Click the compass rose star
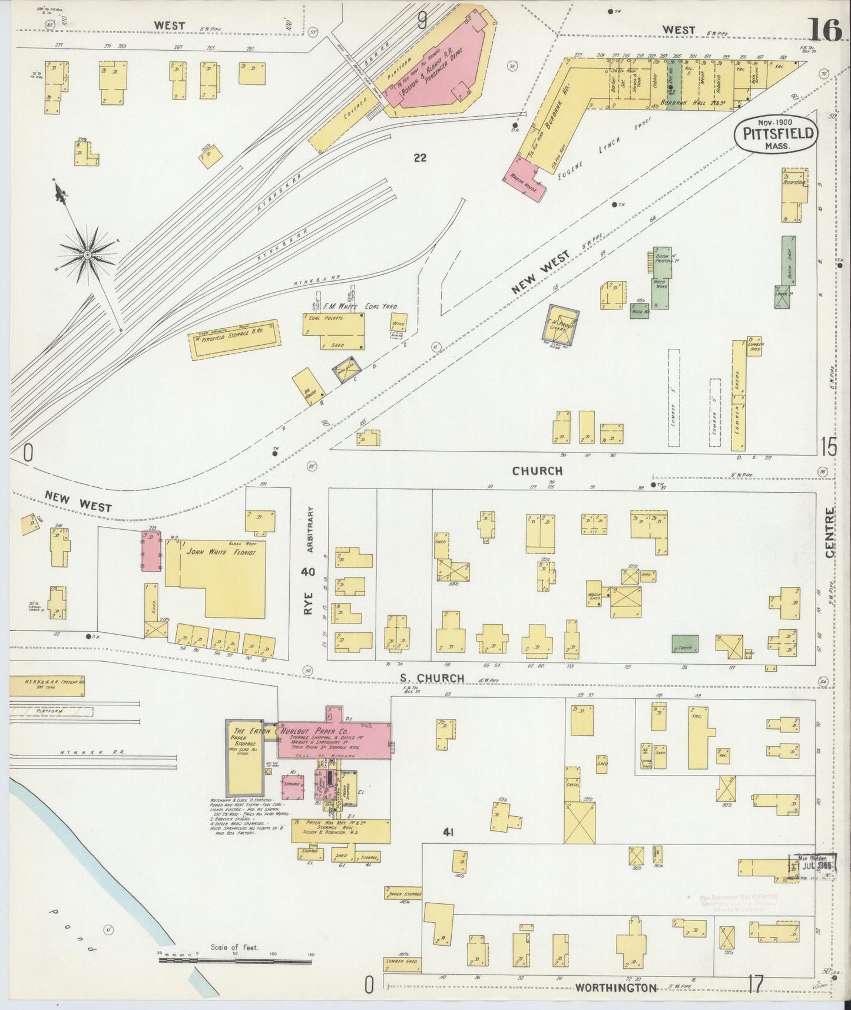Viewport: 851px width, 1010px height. tap(87, 254)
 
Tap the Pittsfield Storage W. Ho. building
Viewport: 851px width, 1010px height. tap(234, 339)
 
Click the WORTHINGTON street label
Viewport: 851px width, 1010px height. tap(615, 988)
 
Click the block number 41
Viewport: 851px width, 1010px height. tap(449, 832)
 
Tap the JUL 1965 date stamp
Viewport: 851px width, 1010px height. tap(814, 866)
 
